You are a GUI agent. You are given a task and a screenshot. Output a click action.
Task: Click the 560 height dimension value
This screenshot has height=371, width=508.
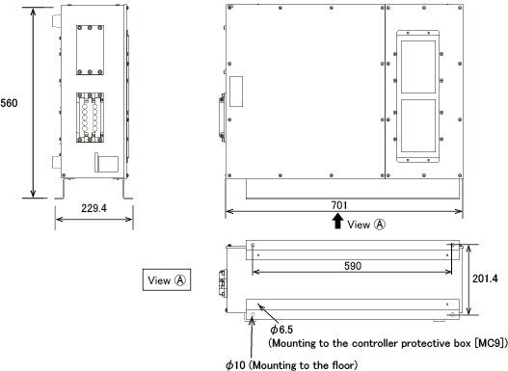click(x=9, y=103)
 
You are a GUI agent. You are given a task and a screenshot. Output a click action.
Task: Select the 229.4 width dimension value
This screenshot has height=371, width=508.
click(x=94, y=208)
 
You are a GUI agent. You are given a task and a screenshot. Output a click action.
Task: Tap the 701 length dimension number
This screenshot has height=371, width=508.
click(x=339, y=205)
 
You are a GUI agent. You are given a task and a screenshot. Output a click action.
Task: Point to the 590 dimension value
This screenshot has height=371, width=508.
click(x=353, y=266)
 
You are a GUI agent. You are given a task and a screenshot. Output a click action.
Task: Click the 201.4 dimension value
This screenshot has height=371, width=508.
click(x=485, y=278)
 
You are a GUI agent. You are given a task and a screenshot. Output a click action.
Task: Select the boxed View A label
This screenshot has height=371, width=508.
click(x=167, y=279)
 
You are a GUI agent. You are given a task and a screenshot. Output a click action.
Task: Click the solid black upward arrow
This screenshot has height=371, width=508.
click(x=338, y=222)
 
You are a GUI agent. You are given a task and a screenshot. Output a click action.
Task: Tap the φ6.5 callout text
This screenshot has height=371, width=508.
click(x=281, y=330)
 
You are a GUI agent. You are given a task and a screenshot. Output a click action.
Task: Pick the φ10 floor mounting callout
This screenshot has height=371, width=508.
click(x=292, y=365)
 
